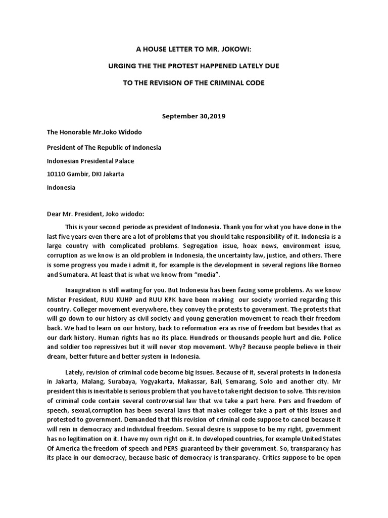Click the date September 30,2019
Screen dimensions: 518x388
(193, 116)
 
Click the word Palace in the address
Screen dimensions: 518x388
(125, 161)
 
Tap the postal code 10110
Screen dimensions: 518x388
(56, 174)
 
